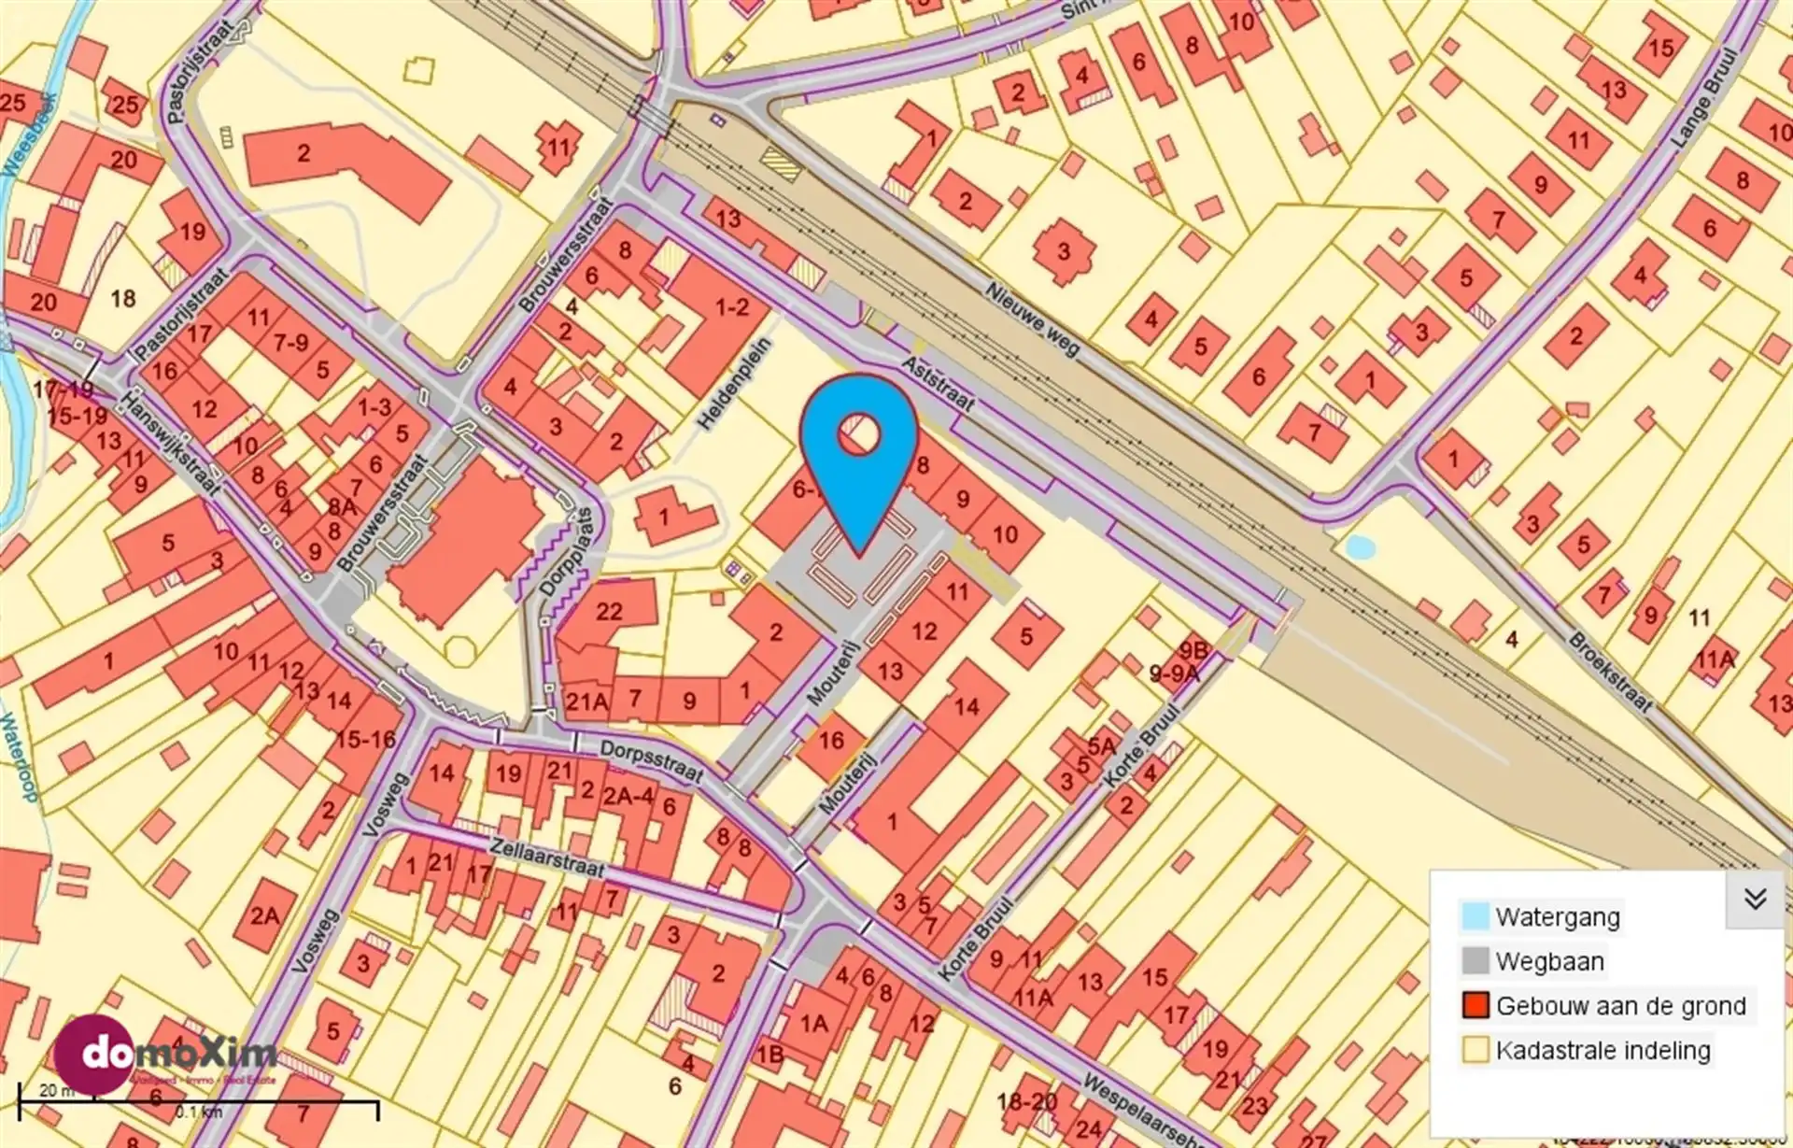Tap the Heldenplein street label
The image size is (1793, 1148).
[x=735, y=384]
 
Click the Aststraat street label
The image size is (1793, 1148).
[x=938, y=383]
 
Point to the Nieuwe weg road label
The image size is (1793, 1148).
[x=1032, y=319]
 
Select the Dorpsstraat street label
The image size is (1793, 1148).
[x=651, y=760]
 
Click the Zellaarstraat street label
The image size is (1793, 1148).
[x=547, y=857]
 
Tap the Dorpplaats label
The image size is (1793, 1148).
[x=567, y=553]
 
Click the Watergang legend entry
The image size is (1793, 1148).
[x=1557, y=916]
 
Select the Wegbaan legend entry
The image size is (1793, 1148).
[x=1549, y=961]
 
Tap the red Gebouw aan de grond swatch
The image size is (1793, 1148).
[x=1475, y=1005]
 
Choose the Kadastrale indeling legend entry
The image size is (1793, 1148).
[x=1602, y=1050]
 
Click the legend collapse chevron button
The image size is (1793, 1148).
[x=1755, y=899]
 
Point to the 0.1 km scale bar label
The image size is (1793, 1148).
[x=199, y=1112]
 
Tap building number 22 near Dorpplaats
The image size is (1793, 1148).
[x=609, y=611]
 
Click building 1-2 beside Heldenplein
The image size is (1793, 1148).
[x=731, y=306]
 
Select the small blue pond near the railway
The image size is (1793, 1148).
[x=1360, y=547]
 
